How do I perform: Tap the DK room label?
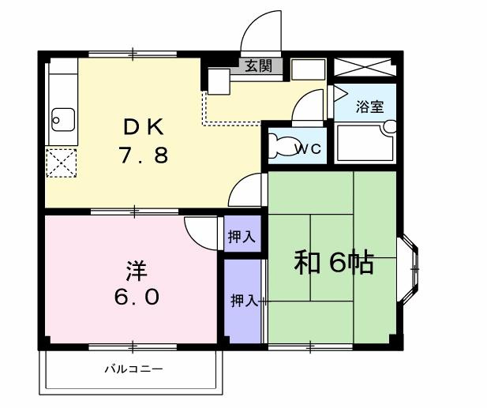coord(143,126)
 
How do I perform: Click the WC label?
coord(307,148)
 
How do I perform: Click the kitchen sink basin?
coord(61,119)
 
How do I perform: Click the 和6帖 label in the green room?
coord(333,262)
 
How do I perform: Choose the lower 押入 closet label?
coord(243,301)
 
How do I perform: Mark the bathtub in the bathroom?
coord(364,142)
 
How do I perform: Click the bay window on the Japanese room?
coord(409,269)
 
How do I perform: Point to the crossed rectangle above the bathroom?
coord(363,67)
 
